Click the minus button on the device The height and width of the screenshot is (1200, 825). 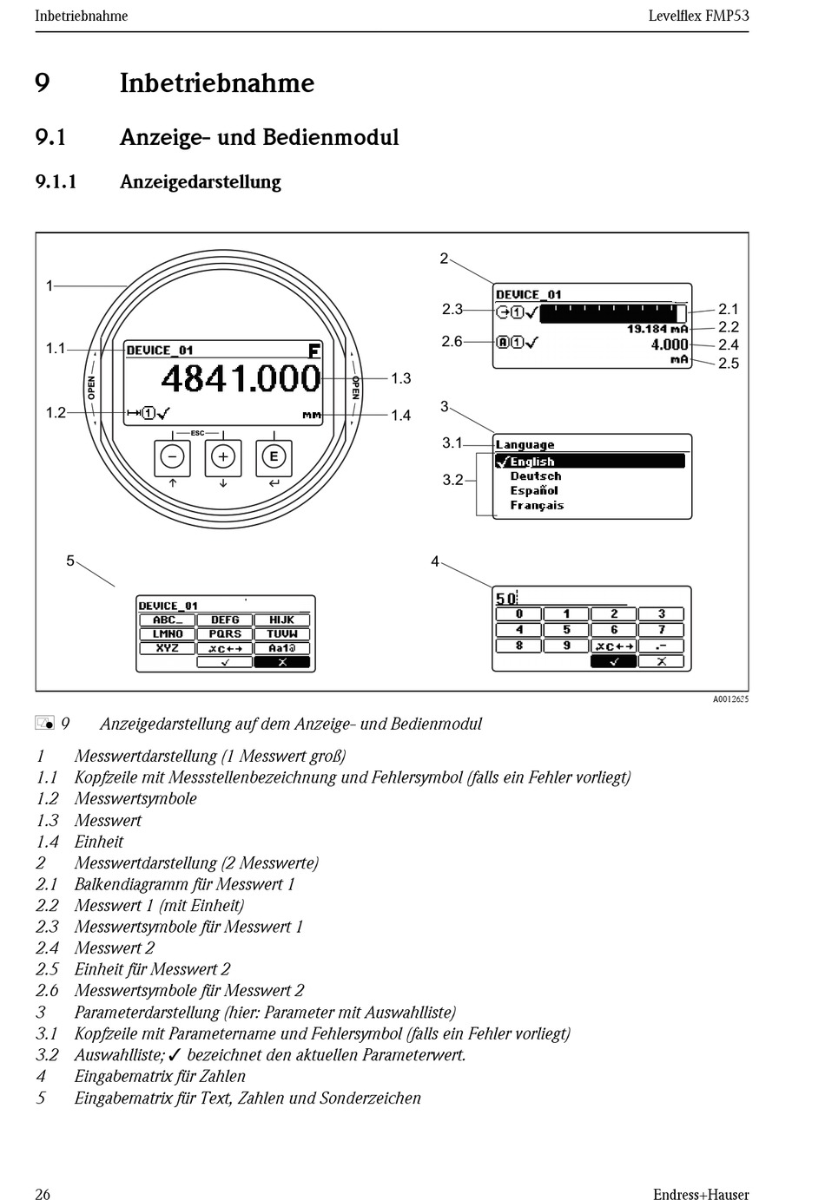point(173,457)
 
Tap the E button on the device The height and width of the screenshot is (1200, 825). point(274,457)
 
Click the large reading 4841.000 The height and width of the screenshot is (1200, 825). point(241,379)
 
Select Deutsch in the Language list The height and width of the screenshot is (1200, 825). point(535,476)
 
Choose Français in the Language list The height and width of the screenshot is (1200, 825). point(537,505)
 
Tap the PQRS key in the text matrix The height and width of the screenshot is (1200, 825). point(225,634)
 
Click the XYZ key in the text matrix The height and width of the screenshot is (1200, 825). point(168,648)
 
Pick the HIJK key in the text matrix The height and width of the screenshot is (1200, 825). point(281,620)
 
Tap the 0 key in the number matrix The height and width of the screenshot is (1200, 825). point(518,614)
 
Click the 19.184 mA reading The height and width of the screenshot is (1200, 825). point(657,329)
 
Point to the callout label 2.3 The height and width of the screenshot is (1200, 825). point(452,309)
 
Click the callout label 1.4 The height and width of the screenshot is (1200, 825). point(400,416)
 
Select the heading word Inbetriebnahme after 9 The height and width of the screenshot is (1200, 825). point(216,83)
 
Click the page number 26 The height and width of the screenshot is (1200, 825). point(43,1194)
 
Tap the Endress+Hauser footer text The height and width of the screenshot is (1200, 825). point(700,1194)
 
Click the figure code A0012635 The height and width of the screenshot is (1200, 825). point(730,699)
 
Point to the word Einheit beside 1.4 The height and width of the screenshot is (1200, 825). point(99,842)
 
